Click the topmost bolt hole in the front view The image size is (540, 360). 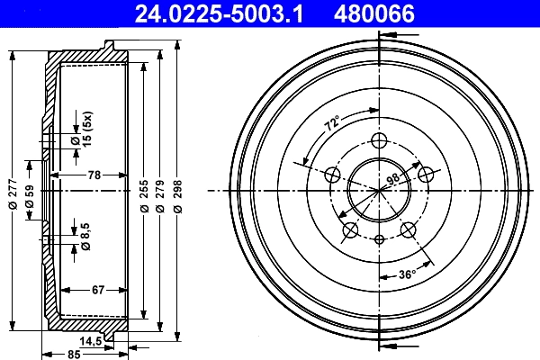tap(379, 140)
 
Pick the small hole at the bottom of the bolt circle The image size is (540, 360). tap(379, 239)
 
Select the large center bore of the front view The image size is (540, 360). tap(379, 190)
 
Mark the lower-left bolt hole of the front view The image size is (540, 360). tap(349, 230)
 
